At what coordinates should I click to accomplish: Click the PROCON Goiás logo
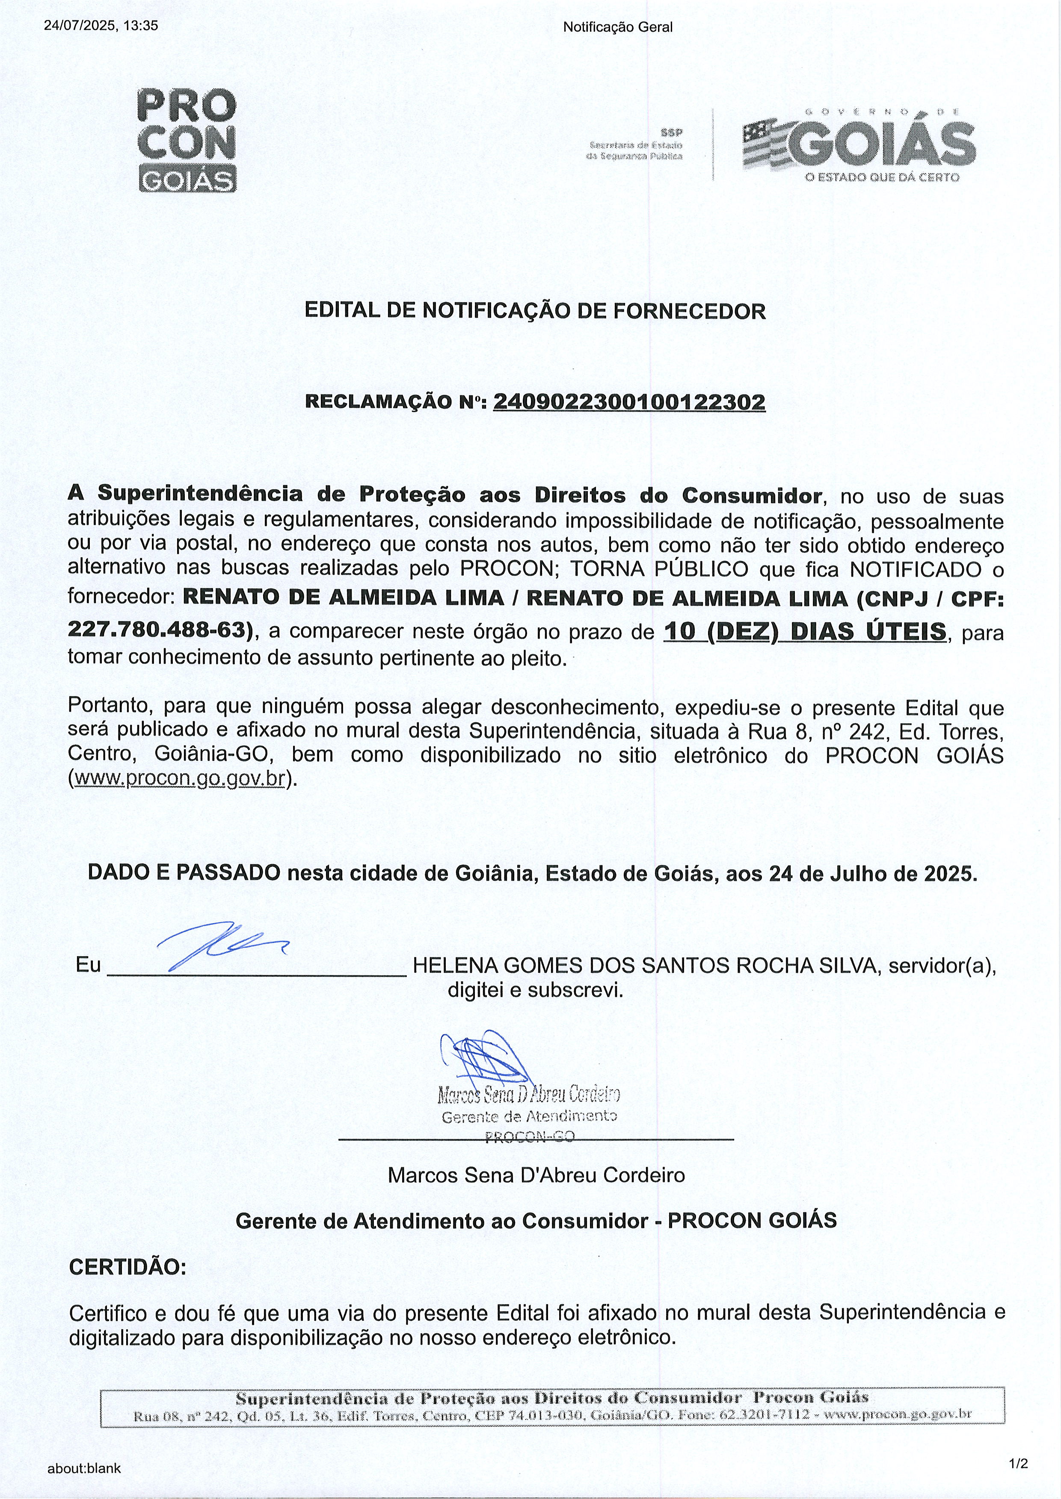pyautogui.click(x=187, y=140)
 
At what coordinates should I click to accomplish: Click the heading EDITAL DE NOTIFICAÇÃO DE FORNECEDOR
pyautogui.click(x=535, y=311)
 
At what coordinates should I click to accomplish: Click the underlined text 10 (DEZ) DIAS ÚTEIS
pyautogui.click(x=805, y=631)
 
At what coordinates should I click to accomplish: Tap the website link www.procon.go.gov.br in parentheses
pyautogui.click(x=180, y=779)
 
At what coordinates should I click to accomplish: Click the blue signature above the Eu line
pyautogui.click(x=220, y=943)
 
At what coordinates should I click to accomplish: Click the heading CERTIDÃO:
pyautogui.click(x=128, y=1267)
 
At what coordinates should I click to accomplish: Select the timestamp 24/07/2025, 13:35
pyautogui.click(x=101, y=26)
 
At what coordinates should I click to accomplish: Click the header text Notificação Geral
pyautogui.click(x=617, y=27)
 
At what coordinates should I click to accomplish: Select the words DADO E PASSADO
pyautogui.click(x=184, y=873)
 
